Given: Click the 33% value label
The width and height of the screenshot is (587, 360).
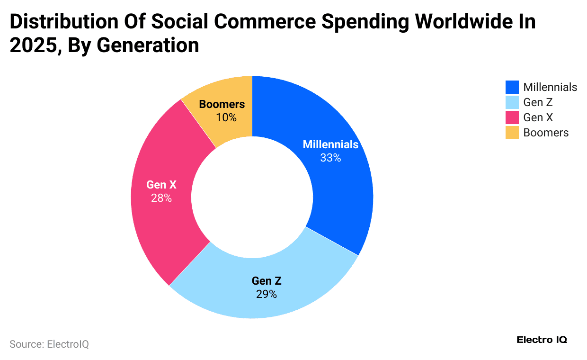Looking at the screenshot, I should [330, 158].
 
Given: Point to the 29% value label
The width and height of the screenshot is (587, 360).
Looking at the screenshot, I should [267, 294].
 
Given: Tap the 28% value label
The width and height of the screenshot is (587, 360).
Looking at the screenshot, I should [161, 198].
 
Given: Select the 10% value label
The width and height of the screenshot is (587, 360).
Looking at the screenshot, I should [226, 117].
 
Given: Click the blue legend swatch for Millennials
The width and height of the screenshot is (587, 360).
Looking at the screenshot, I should [512, 87].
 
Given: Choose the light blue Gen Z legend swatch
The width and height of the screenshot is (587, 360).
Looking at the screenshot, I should [512, 102].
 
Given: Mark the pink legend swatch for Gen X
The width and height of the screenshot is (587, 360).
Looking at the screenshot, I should [512, 117].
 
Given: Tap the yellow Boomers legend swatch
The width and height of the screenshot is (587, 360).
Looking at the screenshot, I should [512, 133].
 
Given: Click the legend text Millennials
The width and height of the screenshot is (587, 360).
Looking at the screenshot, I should [550, 87].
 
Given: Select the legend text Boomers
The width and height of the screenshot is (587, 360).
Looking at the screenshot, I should [546, 133].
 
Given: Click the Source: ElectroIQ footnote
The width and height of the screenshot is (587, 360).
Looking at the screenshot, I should [49, 344].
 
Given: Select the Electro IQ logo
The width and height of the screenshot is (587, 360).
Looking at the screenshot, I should [542, 340].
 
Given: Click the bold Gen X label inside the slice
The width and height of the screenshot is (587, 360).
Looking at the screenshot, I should [161, 185].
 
